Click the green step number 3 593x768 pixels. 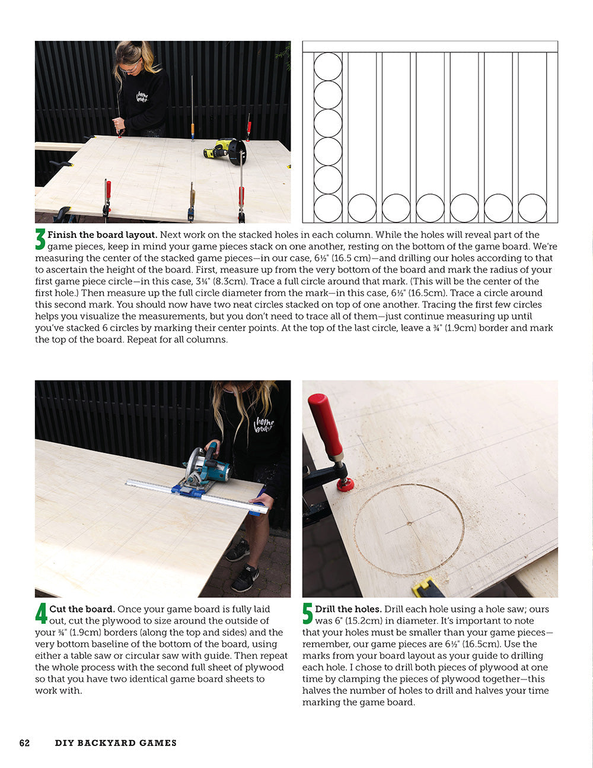tap(40, 240)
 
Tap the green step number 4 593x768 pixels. tap(41, 614)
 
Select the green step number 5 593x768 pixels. tap(308, 614)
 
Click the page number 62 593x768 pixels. tap(24, 742)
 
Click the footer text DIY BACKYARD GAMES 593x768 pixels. tap(116, 742)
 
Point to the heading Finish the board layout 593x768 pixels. tap(102, 235)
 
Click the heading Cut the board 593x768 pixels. tap(82, 609)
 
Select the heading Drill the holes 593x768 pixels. tap(349, 609)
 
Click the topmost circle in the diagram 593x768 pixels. tap(328, 66)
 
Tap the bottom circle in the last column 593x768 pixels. tap(533, 208)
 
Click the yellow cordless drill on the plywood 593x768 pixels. tap(225, 150)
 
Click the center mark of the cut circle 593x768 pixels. tap(409, 523)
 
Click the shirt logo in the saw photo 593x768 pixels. tap(263, 425)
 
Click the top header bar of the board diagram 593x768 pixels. tap(430, 47)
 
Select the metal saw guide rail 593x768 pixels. tap(196, 494)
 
